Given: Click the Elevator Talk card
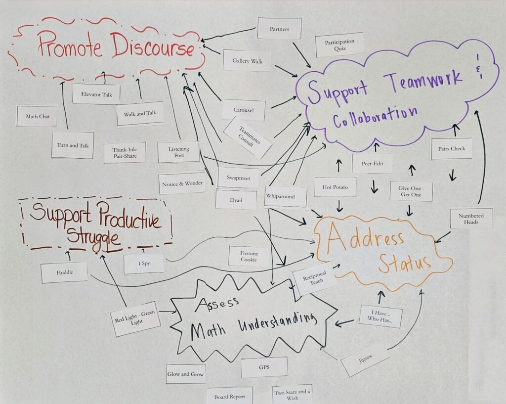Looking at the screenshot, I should coord(96,94).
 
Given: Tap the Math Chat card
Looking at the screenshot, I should coord(37,117).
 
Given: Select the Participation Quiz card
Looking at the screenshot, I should coord(339,45).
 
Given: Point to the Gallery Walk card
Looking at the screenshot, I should coord(247,60).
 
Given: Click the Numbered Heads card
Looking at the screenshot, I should coord(471,219).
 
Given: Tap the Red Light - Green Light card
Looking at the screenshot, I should coord(135,318).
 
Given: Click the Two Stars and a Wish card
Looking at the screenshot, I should coord(292,394).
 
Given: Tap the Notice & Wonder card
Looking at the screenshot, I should coord(182,183).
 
